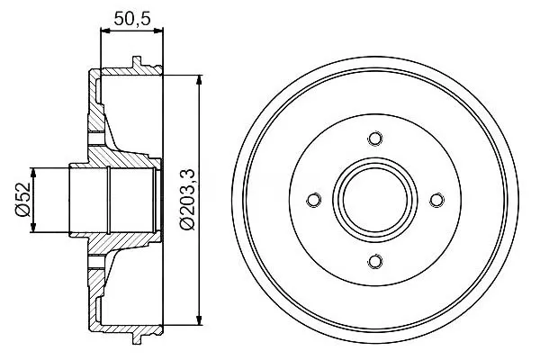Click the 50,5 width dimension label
(132, 19)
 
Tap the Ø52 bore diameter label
(23, 200)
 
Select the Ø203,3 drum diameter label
(188, 200)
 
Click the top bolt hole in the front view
(375, 139)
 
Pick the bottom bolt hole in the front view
(375, 261)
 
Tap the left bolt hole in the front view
(314, 200)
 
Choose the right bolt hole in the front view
(436, 200)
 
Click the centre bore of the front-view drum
(375, 200)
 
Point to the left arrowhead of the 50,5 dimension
(104, 31)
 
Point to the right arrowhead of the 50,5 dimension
(158, 31)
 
